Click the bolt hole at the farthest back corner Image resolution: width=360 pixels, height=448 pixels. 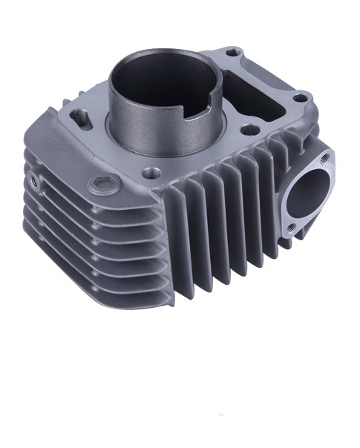(233, 53)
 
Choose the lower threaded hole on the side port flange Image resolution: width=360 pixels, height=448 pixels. (292, 228)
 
